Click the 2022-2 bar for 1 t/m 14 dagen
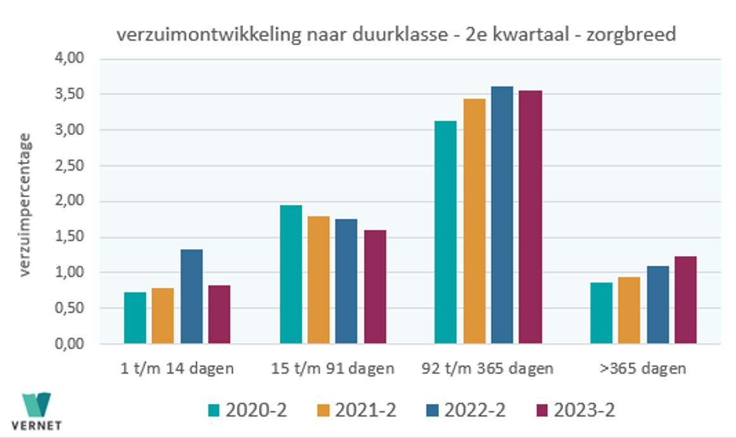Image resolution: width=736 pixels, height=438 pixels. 191,296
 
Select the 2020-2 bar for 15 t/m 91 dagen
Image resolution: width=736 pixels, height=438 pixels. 291,274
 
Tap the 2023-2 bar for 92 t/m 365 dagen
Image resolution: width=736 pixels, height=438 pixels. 531,217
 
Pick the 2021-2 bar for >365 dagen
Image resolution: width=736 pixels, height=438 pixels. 629,310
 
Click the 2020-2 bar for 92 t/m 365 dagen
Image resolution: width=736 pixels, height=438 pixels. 446,232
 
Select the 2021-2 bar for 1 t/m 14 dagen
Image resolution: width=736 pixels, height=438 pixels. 163,316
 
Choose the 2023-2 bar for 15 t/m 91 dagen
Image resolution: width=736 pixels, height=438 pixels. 375,287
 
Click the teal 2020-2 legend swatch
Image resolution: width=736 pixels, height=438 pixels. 215,411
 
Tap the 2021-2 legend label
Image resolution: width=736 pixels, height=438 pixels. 365,411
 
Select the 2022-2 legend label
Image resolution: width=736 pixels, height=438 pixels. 474,411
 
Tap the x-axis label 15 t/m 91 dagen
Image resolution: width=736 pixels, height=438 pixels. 333,368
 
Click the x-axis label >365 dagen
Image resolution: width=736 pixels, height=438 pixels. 643,368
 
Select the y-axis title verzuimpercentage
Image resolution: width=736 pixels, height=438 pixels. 25,204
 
